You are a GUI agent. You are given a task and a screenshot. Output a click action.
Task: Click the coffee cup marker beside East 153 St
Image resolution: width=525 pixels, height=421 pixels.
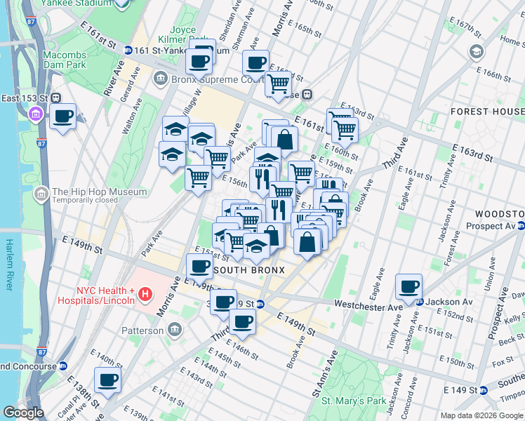click(62, 116)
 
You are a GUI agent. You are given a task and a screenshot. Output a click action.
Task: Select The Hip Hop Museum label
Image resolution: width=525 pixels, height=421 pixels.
click(99, 192)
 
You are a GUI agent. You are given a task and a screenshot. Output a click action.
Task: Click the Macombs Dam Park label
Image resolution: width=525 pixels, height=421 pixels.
click(72, 60)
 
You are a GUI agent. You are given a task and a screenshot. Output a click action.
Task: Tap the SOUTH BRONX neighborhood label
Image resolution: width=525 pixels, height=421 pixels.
click(249, 270)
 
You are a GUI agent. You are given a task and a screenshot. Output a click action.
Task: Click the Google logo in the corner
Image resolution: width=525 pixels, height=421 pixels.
click(23, 413)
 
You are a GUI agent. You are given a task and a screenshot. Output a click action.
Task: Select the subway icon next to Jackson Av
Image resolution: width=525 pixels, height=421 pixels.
click(420, 302)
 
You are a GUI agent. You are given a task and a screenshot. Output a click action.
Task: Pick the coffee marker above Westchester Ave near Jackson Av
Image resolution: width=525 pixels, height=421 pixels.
click(408, 286)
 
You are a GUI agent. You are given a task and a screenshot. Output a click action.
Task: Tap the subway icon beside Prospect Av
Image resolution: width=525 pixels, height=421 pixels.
click(521, 226)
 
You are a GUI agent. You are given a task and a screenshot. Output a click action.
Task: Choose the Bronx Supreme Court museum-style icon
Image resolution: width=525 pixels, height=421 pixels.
click(161, 79)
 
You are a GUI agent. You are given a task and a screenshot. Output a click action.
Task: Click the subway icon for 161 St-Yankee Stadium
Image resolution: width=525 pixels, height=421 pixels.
click(128, 51)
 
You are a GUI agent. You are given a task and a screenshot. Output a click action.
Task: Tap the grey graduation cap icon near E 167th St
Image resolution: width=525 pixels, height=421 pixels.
click(477, 51)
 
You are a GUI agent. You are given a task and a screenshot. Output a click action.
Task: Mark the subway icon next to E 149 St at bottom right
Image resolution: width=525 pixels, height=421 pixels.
click(484, 389)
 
